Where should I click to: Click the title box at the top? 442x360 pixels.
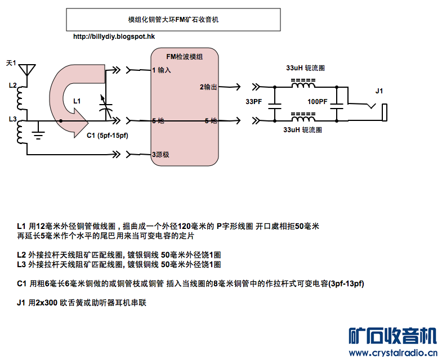click(x=173, y=20)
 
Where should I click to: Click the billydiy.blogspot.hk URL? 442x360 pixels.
click(x=114, y=37)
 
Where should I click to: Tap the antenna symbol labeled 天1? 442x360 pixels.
click(x=26, y=70)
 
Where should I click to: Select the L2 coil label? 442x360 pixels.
click(x=13, y=86)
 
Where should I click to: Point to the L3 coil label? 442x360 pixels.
click(x=13, y=119)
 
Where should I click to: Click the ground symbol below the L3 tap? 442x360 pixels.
click(x=38, y=133)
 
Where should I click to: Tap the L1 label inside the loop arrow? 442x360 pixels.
click(x=77, y=101)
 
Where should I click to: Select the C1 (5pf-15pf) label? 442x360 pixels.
click(x=108, y=136)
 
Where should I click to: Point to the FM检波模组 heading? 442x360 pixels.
click(x=185, y=57)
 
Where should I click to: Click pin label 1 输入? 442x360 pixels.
click(x=161, y=70)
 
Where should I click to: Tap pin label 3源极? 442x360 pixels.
click(x=162, y=155)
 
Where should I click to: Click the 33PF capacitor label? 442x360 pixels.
click(x=253, y=102)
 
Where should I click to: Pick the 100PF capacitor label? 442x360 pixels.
click(x=317, y=102)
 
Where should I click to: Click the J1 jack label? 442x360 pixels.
click(x=379, y=91)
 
